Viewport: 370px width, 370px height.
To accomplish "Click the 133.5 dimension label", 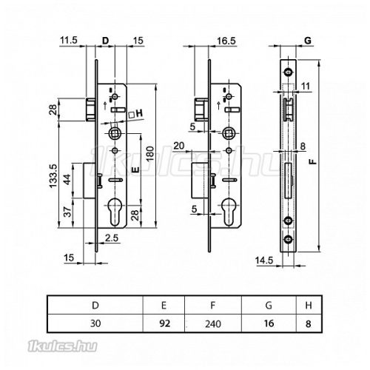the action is pyautogui.click(x=53, y=176).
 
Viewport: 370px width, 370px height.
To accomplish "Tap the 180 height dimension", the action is pyautogui.click(x=150, y=153).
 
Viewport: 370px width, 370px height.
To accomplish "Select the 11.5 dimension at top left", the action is pyautogui.click(x=69, y=40).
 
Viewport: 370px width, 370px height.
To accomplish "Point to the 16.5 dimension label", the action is pyautogui.click(x=226, y=41).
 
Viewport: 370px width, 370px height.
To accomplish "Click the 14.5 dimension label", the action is pyautogui.click(x=264, y=260).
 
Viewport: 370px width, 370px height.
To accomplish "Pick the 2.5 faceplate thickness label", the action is pyautogui.click(x=112, y=238).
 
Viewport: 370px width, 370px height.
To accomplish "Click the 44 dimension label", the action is pyautogui.click(x=67, y=179).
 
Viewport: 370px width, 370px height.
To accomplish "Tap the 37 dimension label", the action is pyautogui.click(x=67, y=212).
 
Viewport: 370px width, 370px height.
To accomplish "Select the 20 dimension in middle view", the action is pyautogui.click(x=179, y=146).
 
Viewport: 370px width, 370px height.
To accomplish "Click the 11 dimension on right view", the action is pyautogui.click(x=306, y=87).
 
